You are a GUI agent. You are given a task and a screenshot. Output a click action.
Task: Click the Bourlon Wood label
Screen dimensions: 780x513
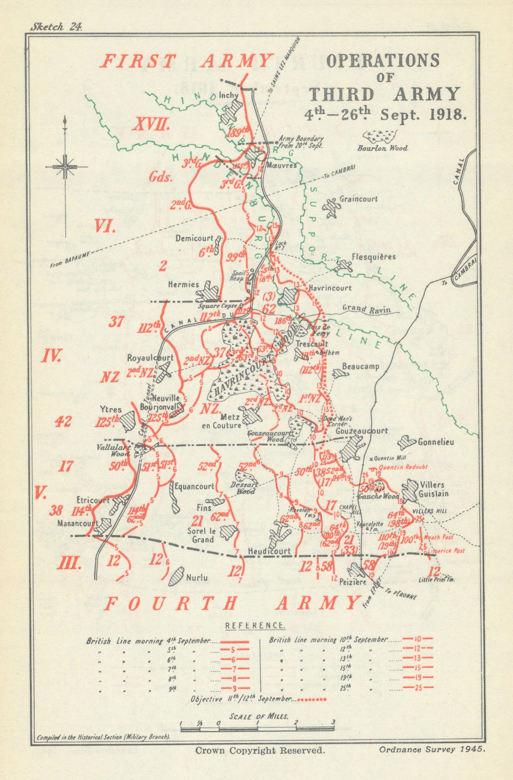383,148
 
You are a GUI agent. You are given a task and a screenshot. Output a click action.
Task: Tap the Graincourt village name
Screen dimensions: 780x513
359,199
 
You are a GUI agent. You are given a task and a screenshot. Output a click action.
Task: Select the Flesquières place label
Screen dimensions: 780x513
373,256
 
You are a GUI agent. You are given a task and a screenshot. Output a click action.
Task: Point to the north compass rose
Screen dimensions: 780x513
65,166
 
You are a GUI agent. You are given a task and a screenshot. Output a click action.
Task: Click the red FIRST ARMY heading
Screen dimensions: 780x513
185,62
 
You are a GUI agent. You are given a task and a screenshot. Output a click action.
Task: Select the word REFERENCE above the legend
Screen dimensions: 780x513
255,625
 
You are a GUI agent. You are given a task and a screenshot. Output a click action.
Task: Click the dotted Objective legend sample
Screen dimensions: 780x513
311,699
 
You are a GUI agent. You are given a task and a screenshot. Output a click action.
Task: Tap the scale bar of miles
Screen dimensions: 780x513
256,728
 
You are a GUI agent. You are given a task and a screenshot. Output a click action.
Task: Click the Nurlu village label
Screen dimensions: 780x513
197,578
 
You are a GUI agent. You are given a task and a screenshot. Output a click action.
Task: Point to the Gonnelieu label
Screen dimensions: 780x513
436,442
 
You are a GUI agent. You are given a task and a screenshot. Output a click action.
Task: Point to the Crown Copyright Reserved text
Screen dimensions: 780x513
260,750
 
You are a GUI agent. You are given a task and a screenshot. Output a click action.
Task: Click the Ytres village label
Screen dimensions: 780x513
111,409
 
